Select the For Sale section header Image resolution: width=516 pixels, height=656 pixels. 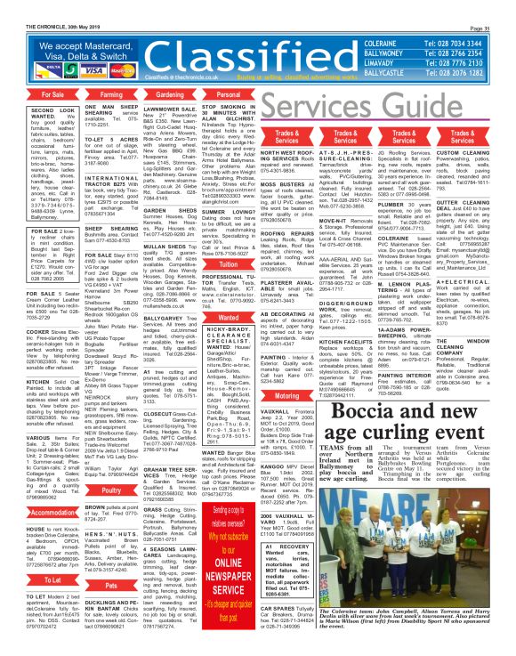tap(26, 93)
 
